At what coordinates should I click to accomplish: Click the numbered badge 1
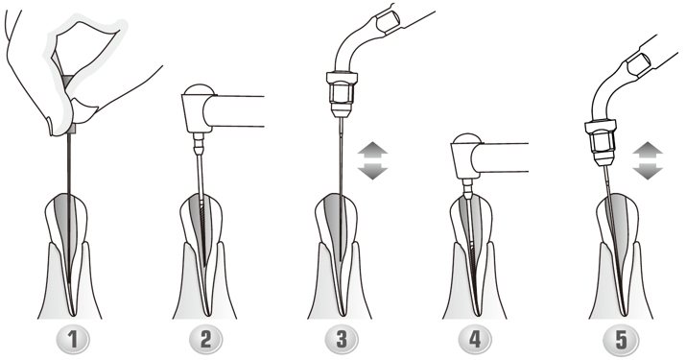click(x=73, y=339)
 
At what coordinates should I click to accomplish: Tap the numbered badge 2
click(x=205, y=339)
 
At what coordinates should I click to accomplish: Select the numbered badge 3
click(x=342, y=339)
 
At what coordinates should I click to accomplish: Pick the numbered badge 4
click(x=475, y=339)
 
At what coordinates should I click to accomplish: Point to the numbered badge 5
click(x=620, y=339)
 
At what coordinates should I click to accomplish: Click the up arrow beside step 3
click(x=372, y=150)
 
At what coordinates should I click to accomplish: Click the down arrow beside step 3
click(x=372, y=171)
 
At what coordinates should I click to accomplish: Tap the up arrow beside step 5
click(x=648, y=150)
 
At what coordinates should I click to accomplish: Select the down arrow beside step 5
click(x=648, y=171)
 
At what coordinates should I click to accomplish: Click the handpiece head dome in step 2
click(x=200, y=89)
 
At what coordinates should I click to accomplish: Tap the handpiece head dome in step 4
click(x=467, y=138)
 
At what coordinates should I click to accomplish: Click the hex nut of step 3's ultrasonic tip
click(x=342, y=93)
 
